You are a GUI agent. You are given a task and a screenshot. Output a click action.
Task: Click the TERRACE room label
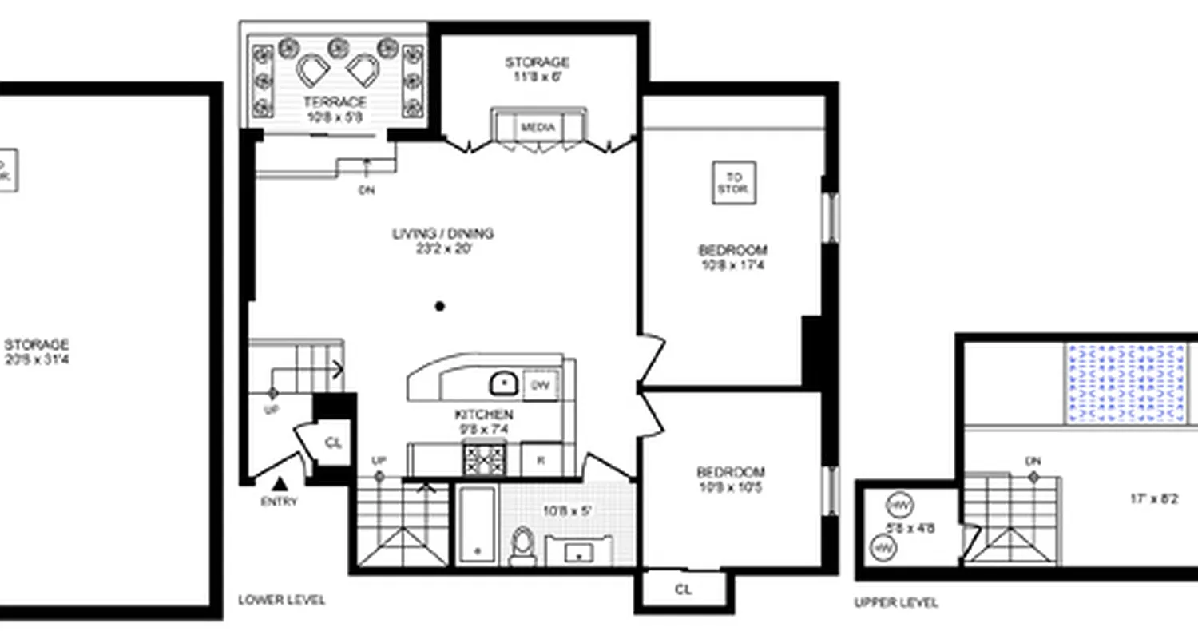[x=335, y=102]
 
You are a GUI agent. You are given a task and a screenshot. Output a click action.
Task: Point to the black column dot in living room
[x=439, y=306]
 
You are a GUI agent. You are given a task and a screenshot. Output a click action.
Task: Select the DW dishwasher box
[x=541, y=386]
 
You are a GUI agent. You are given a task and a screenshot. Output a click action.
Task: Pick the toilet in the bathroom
[x=523, y=545]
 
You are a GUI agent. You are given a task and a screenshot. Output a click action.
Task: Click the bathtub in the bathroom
[x=478, y=523]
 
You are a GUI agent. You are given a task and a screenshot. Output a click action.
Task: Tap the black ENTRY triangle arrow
[x=280, y=483]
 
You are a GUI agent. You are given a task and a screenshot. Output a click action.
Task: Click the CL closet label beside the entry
[x=333, y=443]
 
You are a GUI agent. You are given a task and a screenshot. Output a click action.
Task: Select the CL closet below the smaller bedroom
[x=684, y=590]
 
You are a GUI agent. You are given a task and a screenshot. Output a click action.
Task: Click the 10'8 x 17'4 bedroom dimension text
[x=732, y=265]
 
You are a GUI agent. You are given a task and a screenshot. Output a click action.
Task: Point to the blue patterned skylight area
[x=1125, y=383]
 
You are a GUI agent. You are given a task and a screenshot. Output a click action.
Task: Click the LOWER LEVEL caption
[x=282, y=601]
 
